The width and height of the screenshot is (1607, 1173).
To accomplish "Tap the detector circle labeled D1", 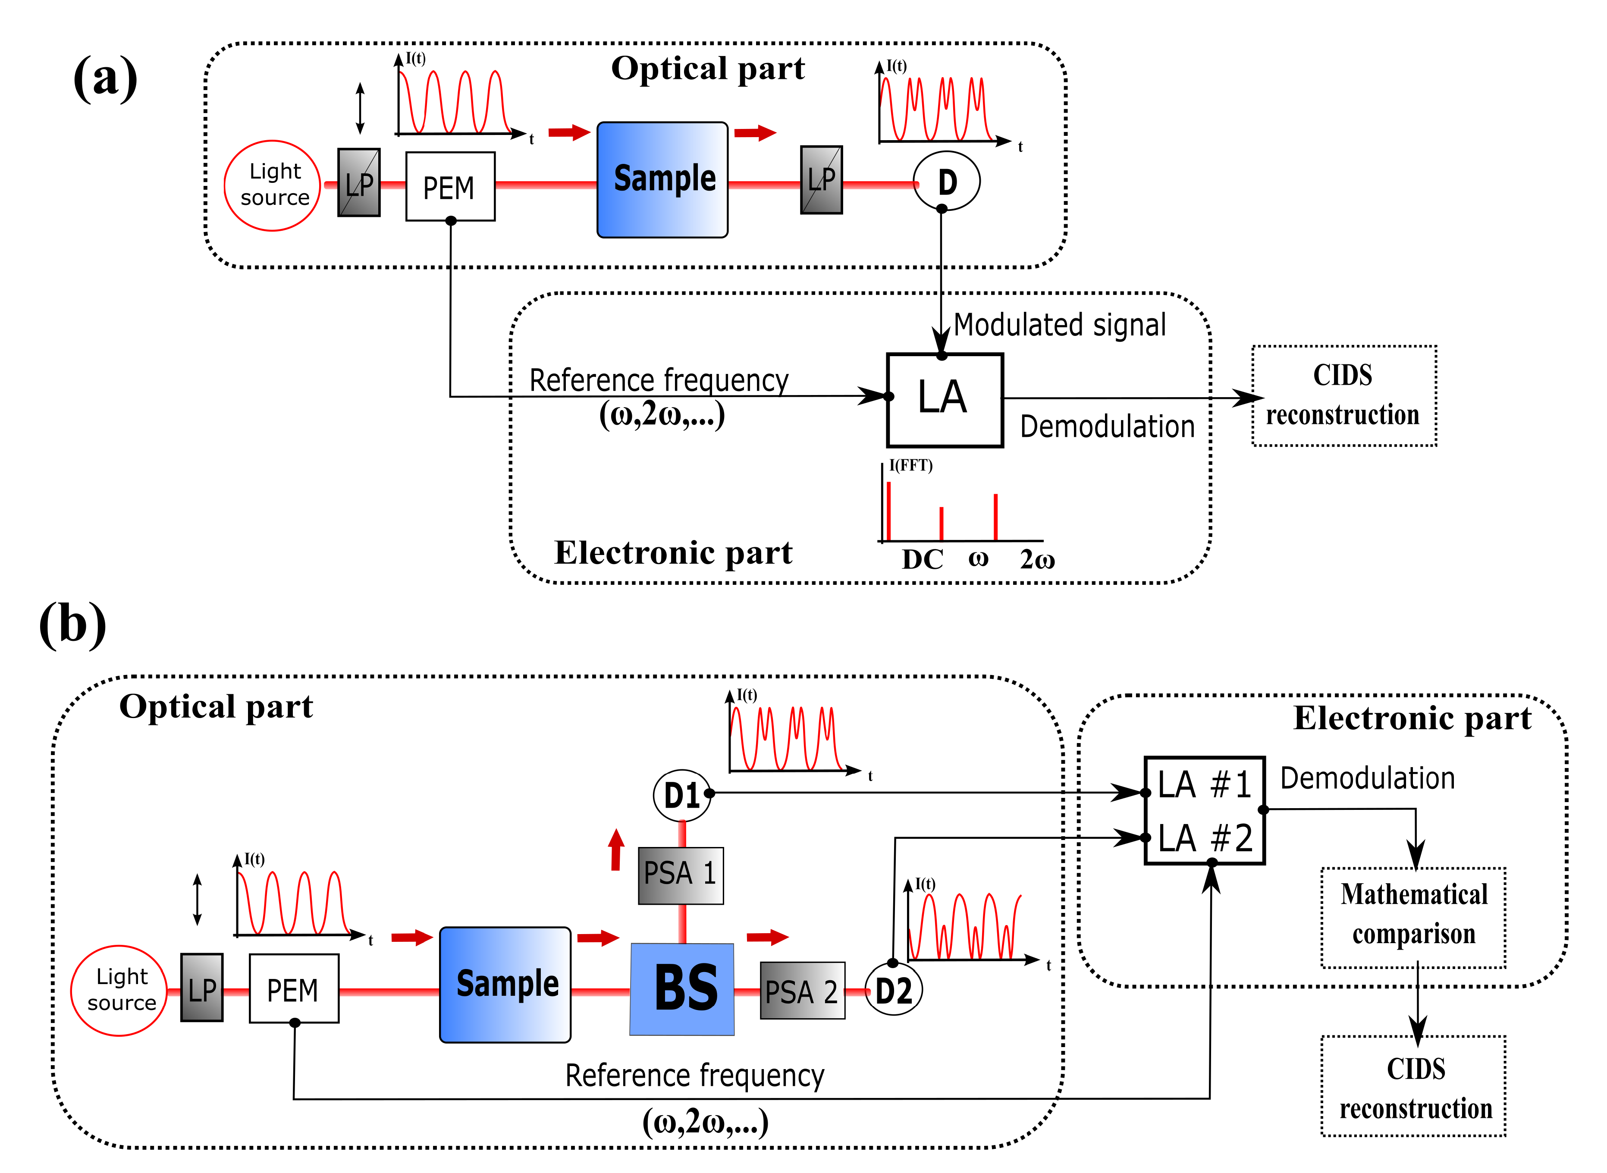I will tap(682, 795).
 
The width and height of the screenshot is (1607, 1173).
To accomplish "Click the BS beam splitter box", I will tap(682, 988).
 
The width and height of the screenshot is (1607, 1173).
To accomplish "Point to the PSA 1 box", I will tap(680, 875).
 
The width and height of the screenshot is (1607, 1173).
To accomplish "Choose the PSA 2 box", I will tap(802, 991).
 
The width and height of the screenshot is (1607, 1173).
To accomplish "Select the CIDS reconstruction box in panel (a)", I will tap(1343, 395).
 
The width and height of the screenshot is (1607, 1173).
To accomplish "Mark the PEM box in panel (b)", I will tap(293, 988).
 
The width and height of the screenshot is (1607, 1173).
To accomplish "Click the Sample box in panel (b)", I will tap(505, 984).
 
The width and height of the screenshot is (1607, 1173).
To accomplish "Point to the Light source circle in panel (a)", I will tap(273, 185).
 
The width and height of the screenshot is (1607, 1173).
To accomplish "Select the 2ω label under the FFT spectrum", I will tap(1037, 560).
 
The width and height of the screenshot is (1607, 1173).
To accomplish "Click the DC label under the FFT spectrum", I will tap(922, 560).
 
